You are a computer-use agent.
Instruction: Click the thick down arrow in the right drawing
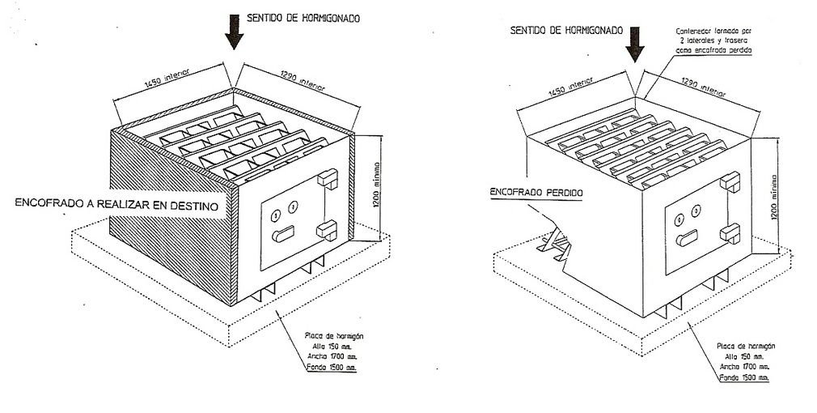(x=636, y=42)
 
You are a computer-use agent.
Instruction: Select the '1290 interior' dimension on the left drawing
(x=300, y=79)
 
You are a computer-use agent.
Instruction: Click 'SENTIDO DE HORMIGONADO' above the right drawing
(x=566, y=30)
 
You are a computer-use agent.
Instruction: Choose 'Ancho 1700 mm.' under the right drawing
(x=742, y=366)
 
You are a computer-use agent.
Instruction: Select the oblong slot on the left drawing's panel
(x=285, y=235)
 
